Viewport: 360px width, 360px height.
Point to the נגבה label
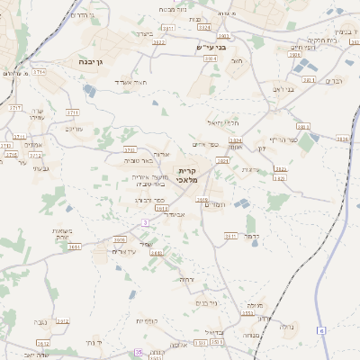(x=38, y=321)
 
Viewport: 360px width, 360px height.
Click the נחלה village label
(x=285, y=327)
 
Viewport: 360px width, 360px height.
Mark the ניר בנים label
(x=205, y=302)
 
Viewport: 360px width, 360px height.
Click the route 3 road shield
(x=145, y=221)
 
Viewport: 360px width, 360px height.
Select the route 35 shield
(x=139, y=354)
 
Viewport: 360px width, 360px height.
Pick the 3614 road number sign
(x=76, y=245)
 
